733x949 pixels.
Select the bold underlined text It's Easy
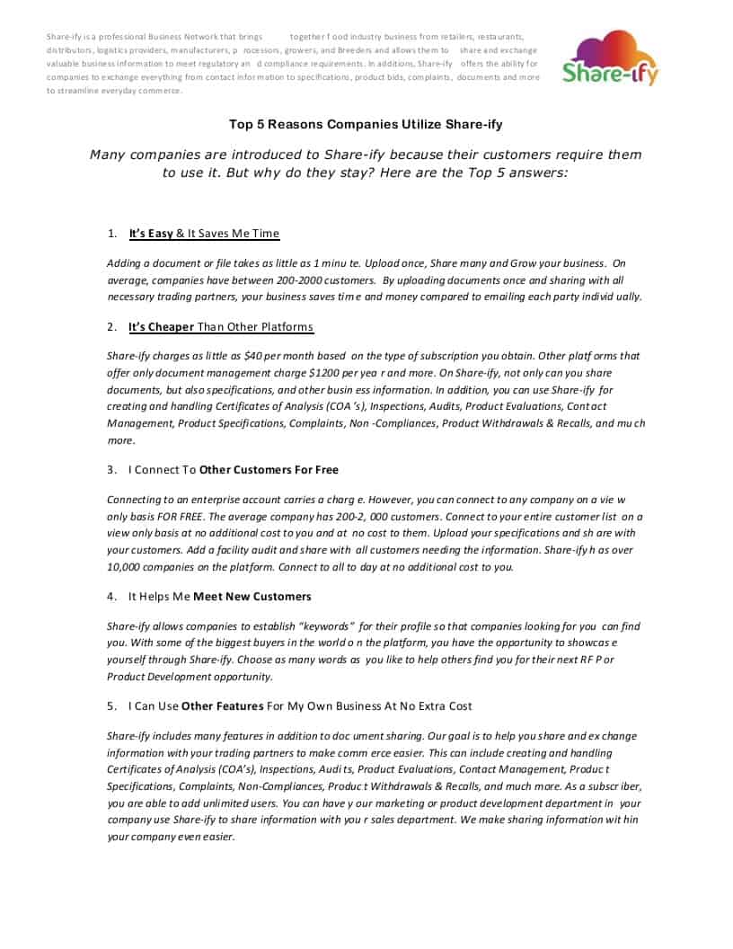coord(151,234)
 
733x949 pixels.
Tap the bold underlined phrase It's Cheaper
coord(162,326)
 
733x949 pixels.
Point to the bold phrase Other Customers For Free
coord(269,469)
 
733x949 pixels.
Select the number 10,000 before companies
coord(125,567)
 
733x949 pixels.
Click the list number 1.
coord(112,234)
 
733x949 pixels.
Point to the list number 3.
coord(112,469)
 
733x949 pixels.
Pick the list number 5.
coord(112,705)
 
